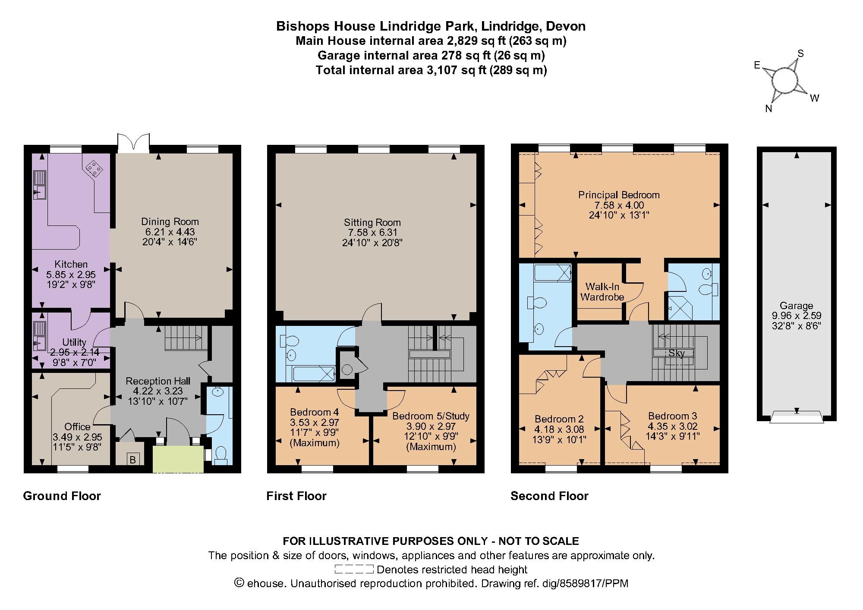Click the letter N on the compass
[769, 109]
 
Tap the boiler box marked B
[133, 460]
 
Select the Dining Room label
[170, 222]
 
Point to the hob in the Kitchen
[94, 169]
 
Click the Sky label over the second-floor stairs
[677, 353]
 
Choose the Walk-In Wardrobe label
[602, 291]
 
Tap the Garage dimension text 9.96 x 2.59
[797, 316]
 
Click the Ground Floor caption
[62, 496]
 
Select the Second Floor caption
[549, 496]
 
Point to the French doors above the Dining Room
[133, 143]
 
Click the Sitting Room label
[372, 222]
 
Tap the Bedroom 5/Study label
[431, 416]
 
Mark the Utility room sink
[39, 337]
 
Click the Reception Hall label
[158, 381]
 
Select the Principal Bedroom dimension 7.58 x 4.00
[619, 205]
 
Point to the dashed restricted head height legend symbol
[354, 569]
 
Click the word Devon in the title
[566, 26]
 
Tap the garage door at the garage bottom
[797, 417]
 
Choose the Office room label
[78, 426]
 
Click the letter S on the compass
[800, 53]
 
